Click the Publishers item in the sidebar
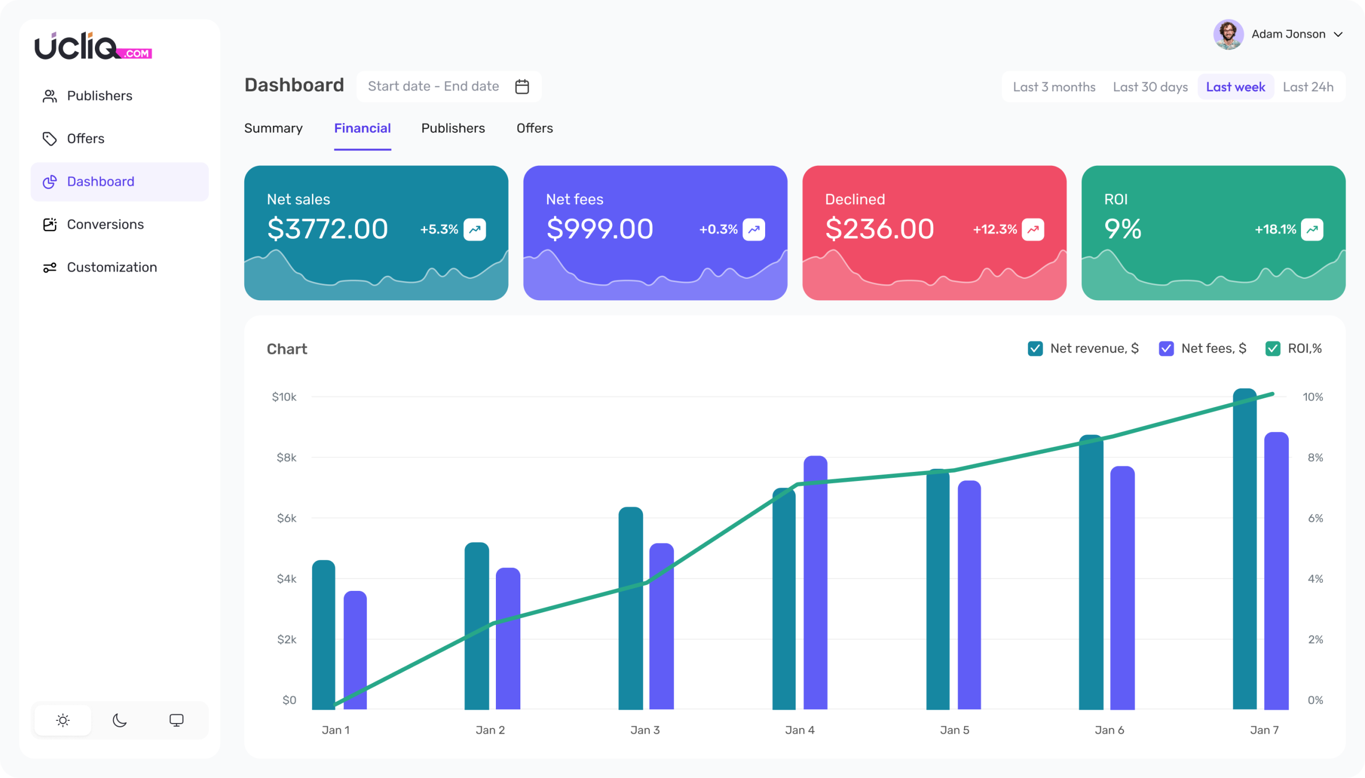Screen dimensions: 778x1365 [99, 95]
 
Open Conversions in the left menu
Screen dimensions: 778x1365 [105, 224]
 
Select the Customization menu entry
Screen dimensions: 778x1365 [111, 267]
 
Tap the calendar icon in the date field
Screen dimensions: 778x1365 [522, 86]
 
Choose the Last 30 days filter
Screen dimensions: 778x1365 [1150, 87]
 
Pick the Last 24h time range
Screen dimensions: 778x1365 [1308, 87]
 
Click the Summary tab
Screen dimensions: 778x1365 [273, 128]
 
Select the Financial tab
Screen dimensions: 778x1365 [362, 128]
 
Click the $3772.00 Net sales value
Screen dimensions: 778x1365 [327, 229]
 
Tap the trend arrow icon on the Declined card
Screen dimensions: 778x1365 [1033, 230]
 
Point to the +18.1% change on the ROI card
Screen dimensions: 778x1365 [1275, 230]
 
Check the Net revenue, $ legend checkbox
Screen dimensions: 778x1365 [1035, 349]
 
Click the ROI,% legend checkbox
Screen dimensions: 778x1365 [1273, 349]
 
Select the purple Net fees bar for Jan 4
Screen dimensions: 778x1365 [815, 582]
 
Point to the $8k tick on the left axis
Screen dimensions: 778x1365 [286, 458]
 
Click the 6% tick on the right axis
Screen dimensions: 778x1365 [1315, 518]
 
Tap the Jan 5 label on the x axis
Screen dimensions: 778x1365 [954, 730]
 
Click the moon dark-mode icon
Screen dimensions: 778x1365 [119, 720]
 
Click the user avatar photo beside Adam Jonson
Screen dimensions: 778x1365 [1228, 35]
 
